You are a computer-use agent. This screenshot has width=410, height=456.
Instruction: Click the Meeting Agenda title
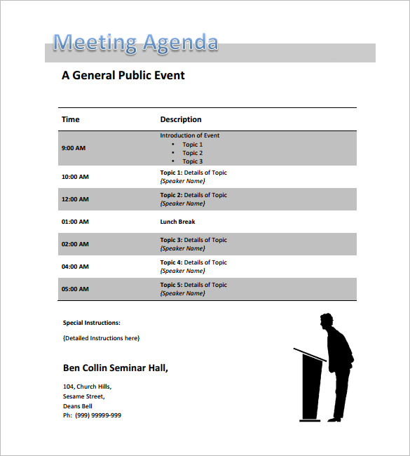[x=135, y=43]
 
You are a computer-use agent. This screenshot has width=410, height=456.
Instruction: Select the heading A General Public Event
[x=123, y=75]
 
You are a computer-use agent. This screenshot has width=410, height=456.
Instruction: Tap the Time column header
[x=71, y=119]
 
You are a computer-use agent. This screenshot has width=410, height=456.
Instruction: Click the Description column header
[x=181, y=119]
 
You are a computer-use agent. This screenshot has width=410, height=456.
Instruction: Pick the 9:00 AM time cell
[x=74, y=148]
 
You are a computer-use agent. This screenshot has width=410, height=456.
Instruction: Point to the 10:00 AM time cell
[x=75, y=177]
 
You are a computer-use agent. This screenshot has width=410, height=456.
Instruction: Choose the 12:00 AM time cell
[x=75, y=199]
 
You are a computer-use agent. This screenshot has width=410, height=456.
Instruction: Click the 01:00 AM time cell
[x=75, y=222]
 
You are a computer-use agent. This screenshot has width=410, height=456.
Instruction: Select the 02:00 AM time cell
[x=75, y=244]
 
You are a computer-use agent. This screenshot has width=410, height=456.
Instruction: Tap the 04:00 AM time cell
[x=75, y=267]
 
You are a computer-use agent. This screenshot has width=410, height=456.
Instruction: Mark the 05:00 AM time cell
[x=75, y=289]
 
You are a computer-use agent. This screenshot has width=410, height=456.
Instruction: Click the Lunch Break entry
[x=177, y=222]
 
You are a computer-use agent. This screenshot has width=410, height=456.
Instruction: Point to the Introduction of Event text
[x=189, y=135]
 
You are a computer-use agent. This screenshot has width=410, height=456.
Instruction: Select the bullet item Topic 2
[x=193, y=153]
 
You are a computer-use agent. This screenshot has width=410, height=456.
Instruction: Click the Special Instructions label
[x=92, y=323]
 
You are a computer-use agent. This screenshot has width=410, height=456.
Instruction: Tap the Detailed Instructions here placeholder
[x=101, y=338]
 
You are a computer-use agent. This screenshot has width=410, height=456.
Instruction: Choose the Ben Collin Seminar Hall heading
[x=116, y=368]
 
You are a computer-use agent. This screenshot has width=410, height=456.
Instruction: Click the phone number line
[x=92, y=415]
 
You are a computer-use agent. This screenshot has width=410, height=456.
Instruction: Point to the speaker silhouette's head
[x=326, y=321]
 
